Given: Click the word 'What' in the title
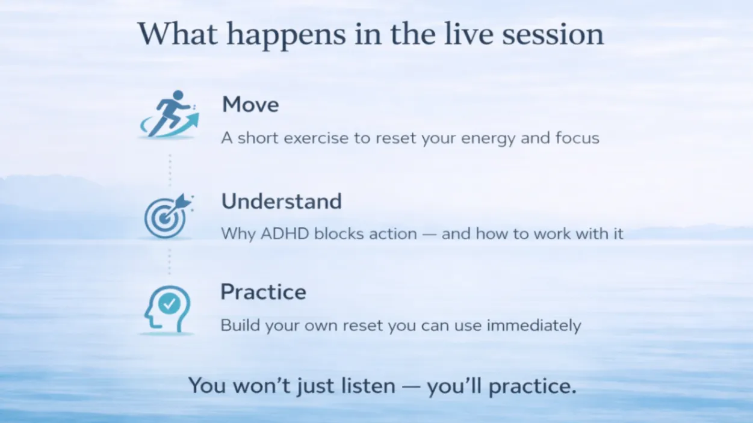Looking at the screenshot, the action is click(178, 34).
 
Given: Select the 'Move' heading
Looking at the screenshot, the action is click(250, 104).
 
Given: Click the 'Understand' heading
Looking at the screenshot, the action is click(281, 201).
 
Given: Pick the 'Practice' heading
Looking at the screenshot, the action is click(263, 292).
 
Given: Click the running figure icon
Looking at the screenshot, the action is click(169, 114).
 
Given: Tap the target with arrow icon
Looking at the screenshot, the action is click(168, 216).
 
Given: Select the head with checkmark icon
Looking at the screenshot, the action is click(167, 309).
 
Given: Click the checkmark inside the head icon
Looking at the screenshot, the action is click(169, 304).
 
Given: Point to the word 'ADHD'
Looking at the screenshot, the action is click(285, 233).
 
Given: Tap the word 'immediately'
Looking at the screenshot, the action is click(534, 326).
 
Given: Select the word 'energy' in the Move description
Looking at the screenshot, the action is click(488, 139).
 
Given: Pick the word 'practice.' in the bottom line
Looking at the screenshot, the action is click(533, 386).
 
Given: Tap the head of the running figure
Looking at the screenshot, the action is click(178, 94).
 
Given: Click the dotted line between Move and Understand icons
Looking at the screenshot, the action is click(170, 170).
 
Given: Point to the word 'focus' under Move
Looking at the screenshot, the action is click(577, 138).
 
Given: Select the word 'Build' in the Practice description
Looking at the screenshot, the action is click(240, 325).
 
